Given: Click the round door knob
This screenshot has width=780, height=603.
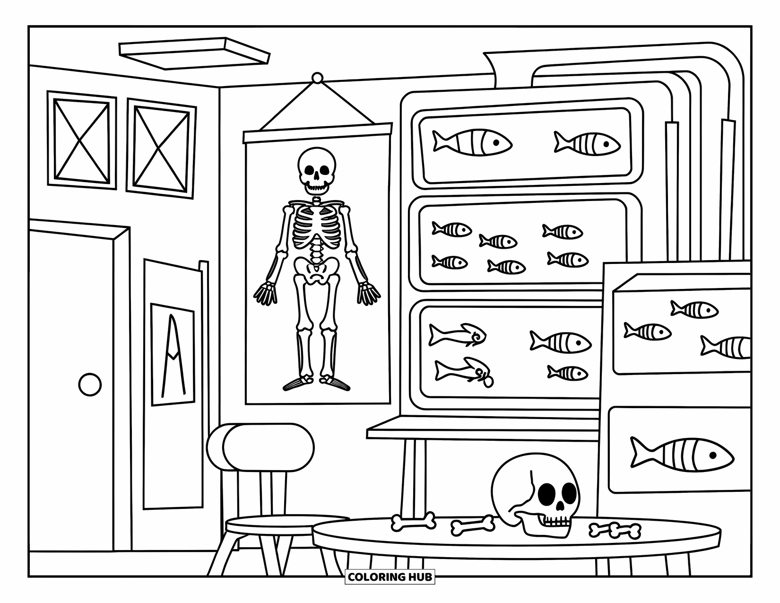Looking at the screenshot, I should (x=89, y=384).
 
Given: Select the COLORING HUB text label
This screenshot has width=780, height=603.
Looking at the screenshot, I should (x=390, y=577).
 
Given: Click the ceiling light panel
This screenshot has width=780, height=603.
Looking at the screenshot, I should (x=194, y=52).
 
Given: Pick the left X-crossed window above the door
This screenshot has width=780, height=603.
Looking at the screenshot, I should (x=81, y=140).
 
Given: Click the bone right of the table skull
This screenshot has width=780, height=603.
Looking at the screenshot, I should (x=615, y=530).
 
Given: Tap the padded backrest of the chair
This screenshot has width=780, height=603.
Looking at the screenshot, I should (x=267, y=447).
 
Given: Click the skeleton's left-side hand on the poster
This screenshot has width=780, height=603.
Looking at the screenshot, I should (x=266, y=293).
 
